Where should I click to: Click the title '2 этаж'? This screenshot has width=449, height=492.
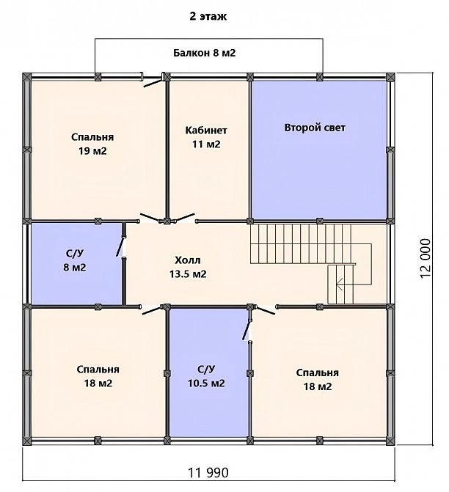(208, 16)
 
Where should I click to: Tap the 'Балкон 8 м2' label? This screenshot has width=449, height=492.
(205, 53)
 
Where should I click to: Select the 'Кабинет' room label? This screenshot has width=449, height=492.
(206, 131)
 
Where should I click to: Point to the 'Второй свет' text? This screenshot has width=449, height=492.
(315, 128)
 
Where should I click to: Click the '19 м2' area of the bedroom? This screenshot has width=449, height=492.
(92, 151)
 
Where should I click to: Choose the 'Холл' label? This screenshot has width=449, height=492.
(188, 260)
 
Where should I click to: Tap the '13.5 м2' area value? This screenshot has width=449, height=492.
(188, 274)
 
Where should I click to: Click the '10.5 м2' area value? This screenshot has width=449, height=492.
(206, 383)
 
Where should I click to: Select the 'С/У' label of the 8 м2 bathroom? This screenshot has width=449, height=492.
(75, 254)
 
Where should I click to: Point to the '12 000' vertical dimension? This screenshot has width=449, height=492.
(425, 258)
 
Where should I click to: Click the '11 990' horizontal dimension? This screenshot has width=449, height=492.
(208, 472)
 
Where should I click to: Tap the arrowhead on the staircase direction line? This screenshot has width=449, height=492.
(338, 284)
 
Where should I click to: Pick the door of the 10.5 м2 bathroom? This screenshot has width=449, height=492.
(247, 330)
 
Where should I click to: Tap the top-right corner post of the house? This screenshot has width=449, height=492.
(390, 77)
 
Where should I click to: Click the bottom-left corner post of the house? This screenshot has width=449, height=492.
(27, 441)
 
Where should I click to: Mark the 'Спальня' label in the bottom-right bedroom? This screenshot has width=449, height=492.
(318, 372)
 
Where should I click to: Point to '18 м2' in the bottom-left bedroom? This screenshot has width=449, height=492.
(98, 383)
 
